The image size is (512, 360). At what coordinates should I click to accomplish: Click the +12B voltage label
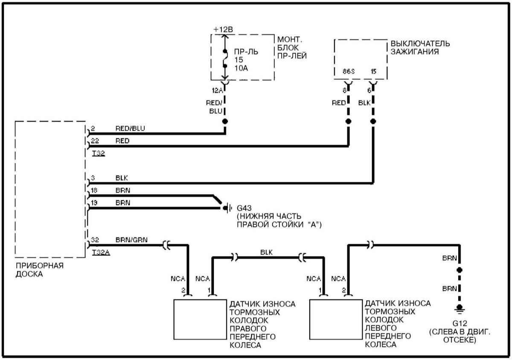click(x=223, y=29)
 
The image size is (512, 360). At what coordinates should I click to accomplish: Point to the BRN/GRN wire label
click(x=131, y=240)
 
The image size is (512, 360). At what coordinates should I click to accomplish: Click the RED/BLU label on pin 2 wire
click(x=130, y=128)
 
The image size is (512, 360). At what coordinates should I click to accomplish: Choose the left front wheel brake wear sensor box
click(x=336, y=319)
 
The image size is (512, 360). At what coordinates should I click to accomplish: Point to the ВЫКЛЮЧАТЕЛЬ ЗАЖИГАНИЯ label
click(x=420, y=47)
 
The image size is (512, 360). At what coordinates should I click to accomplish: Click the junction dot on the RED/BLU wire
click(x=225, y=121)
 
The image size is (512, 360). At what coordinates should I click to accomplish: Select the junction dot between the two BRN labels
click(x=460, y=270)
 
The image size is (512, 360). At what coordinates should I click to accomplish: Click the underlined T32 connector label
click(x=98, y=152)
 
